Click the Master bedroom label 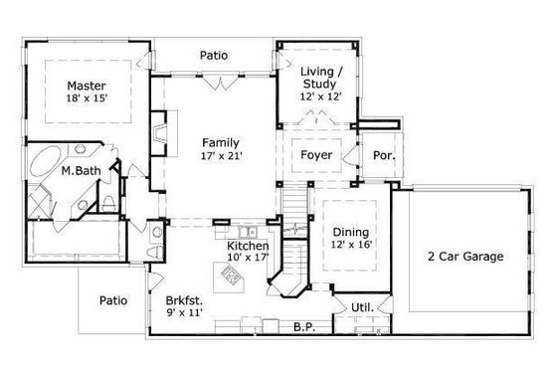coord(87,87)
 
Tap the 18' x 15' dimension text coord(87,100)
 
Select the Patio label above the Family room coord(214,56)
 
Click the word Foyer coord(316,155)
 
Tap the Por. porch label coord(382,155)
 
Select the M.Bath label coord(79,171)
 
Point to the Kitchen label coord(246,245)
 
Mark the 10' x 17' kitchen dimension coord(246,259)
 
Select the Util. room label coord(362,307)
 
